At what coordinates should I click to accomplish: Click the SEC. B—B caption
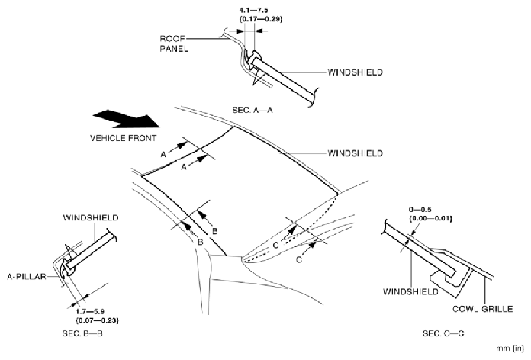tap(79, 334)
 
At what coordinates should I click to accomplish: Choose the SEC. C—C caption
tap(443, 334)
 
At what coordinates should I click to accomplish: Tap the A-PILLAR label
tap(30, 278)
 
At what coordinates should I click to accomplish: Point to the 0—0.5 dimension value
tap(420, 208)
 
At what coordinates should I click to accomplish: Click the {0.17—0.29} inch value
tap(252, 19)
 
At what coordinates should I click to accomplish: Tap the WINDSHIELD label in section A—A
tap(355, 72)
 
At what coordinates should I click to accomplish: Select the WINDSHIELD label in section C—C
tap(411, 291)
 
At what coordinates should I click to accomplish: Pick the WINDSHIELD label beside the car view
tap(355, 153)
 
